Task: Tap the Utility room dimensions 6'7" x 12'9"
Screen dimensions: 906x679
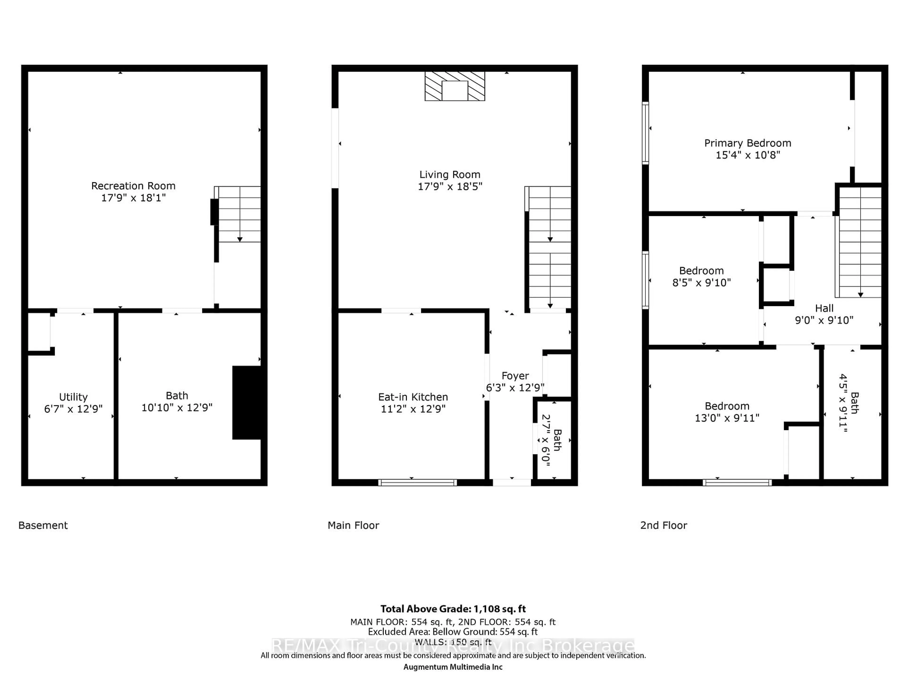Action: pyautogui.click(x=73, y=409)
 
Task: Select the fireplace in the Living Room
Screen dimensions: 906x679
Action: pyautogui.click(x=455, y=86)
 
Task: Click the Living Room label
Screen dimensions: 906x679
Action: pyautogui.click(x=450, y=175)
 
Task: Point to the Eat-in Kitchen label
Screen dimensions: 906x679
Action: pyautogui.click(x=413, y=397)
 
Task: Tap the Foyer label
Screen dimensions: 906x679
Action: pyautogui.click(x=515, y=376)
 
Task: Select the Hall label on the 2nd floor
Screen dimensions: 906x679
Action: pyautogui.click(x=824, y=308)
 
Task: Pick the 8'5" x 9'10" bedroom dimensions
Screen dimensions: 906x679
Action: pyautogui.click(x=702, y=282)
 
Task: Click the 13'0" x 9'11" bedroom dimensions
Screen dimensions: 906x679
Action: pyautogui.click(x=727, y=418)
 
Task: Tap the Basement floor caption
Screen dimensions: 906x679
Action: pyautogui.click(x=43, y=525)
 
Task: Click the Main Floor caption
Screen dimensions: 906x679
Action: pyautogui.click(x=353, y=525)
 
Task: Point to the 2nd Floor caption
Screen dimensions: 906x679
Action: pyautogui.click(x=663, y=525)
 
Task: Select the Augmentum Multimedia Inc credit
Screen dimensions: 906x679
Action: pyautogui.click(x=453, y=667)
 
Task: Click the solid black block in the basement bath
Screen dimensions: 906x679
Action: pyautogui.click(x=247, y=402)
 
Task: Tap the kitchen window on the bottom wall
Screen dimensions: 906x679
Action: pyautogui.click(x=417, y=483)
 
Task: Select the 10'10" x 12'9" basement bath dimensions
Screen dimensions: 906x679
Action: pyautogui.click(x=177, y=407)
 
